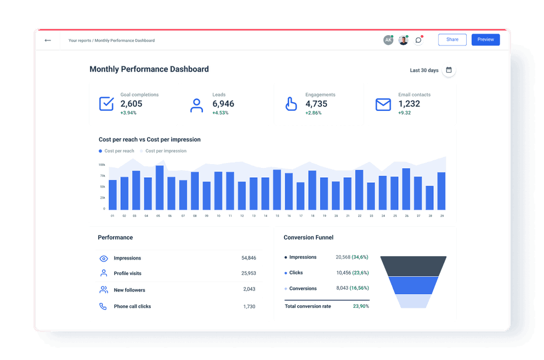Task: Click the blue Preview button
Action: click(x=485, y=40)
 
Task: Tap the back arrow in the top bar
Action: click(x=48, y=40)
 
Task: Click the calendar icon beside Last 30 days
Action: click(x=449, y=70)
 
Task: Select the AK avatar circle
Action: click(x=388, y=40)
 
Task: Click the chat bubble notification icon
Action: click(x=418, y=40)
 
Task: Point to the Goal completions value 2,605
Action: click(x=131, y=104)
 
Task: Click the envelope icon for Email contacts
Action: click(x=383, y=104)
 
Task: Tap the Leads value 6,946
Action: click(x=223, y=104)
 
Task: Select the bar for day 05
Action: click(x=160, y=188)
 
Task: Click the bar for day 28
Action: click(x=430, y=198)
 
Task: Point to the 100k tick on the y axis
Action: click(x=102, y=165)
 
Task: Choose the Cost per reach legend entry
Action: click(x=116, y=151)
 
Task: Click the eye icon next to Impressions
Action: click(x=104, y=258)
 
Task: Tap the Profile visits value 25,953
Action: click(x=248, y=273)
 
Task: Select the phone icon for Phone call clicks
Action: click(x=103, y=307)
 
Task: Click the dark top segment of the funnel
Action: click(x=413, y=266)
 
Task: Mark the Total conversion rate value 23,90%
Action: click(x=361, y=306)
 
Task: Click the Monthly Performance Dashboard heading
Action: click(x=149, y=69)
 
